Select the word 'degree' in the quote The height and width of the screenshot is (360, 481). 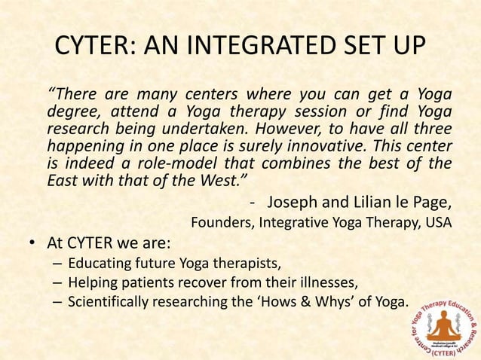[x=72, y=111]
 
